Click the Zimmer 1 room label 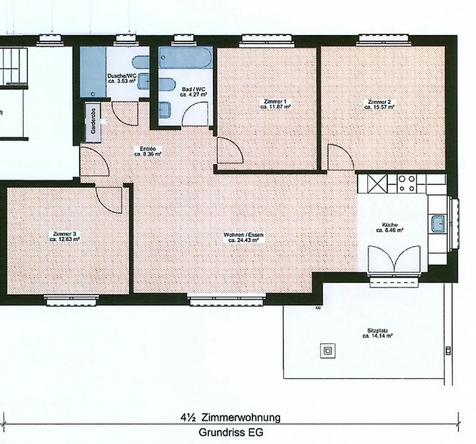coord(275,101)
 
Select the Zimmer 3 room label coord(65,234)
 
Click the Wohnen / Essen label coord(244,235)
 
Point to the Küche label coord(390,225)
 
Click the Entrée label coord(148,149)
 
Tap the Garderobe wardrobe coord(93,122)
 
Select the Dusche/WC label coord(122,76)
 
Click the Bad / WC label coord(194,89)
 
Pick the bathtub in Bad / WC coord(186,57)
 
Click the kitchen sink coord(438,224)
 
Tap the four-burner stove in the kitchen coord(407,184)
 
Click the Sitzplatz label coord(377,331)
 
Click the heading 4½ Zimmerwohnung coord(230,418)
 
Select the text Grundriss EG coord(231,432)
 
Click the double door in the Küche coord(394,259)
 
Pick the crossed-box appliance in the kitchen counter coord(377,184)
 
